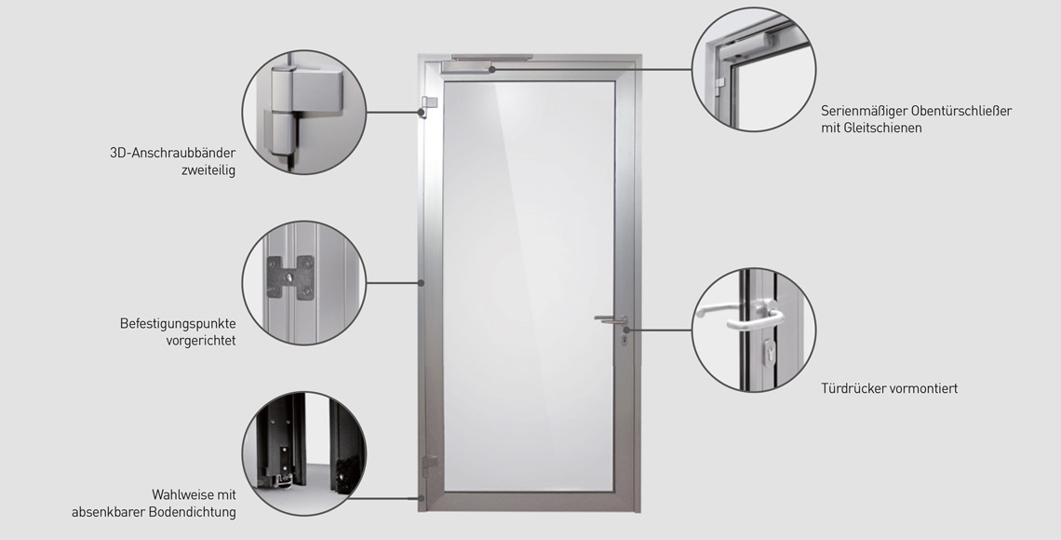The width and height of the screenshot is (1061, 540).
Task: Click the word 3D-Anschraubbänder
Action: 172,153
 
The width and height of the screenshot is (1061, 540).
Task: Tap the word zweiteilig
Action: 208,170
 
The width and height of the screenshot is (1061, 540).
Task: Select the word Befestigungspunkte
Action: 178,323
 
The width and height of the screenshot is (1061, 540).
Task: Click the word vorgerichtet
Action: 201,341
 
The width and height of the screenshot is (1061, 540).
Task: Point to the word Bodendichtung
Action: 193,511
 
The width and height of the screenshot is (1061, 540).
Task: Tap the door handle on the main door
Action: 611,318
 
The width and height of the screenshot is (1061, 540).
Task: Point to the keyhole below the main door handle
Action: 624,338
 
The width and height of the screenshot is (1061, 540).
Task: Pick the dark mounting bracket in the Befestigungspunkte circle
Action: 290,277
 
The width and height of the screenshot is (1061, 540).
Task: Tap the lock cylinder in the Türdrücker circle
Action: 770,353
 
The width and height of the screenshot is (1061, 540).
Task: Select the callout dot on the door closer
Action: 492,69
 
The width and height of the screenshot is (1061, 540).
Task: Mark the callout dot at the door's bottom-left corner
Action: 421,498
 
